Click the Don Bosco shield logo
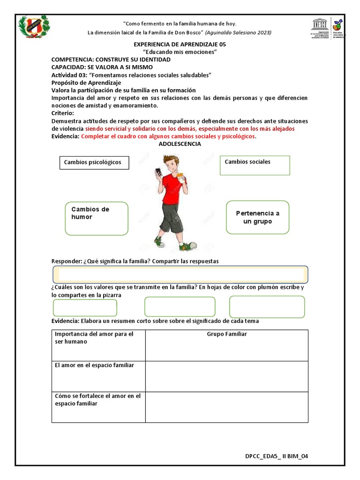[x=33, y=28]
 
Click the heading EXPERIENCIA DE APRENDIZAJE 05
[x=180, y=45]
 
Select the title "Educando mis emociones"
[x=180, y=52]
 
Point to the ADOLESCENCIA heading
[x=180, y=144]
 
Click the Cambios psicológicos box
[x=94, y=163]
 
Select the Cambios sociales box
[x=255, y=165]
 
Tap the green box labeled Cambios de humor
[x=97, y=218]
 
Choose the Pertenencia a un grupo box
[x=257, y=217]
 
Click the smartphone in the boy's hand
[x=158, y=172]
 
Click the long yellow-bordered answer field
[x=180, y=274]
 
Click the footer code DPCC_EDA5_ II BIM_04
[x=277, y=456]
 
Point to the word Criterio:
[x=62, y=113]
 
